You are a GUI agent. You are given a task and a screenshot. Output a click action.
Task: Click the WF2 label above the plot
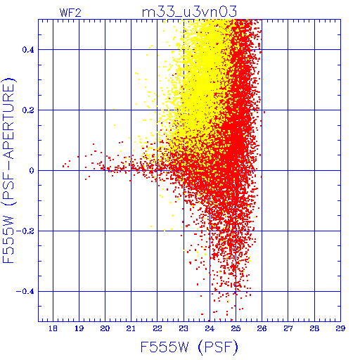pyautogui.click(x=70, y=13)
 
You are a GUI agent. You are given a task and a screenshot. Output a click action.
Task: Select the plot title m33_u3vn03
pyautogui.click(x=189, y=12)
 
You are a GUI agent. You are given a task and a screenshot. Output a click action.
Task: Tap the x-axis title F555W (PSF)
pyautogui.click(x=189, y=347)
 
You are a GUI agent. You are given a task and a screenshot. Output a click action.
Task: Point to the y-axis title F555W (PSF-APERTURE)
pyautogui.click(x=9, y=170)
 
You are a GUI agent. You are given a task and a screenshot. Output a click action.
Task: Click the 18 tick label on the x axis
pyautogui.click(x=53, y=328)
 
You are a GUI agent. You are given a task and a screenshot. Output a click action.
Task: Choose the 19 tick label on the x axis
pyautogui.click(x=79, y=328)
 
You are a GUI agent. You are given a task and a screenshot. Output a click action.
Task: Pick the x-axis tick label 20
pyautogui.click(x=105, y=328)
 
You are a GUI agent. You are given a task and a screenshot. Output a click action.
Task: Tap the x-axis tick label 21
pyautogui.click(x=131, y=328)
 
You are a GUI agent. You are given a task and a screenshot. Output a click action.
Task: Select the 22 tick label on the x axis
pyautogui.click(x=157, y=328)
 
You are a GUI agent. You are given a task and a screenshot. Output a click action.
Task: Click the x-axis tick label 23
pyautogui.click(x=184, y=328)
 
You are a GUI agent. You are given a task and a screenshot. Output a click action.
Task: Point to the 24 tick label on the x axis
pyautogui.click(x=210, y=328)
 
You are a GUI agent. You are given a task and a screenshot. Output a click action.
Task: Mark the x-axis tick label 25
pyautogui.click(x=236, y=328)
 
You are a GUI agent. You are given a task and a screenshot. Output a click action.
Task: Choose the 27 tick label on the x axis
pyautogui.click(x=288, y=328)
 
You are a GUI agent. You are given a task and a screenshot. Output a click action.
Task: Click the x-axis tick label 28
pyautogui.click(x=314, y=328)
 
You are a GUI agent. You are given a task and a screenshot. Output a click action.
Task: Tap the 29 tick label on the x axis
pyautogui.click(x=340, y=328)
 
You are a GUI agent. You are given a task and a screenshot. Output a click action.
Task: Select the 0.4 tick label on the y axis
pyautogui.click(x=28, y=50)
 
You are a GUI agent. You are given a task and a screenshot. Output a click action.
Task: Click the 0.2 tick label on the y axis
pyautogui.click(x=28, y=110)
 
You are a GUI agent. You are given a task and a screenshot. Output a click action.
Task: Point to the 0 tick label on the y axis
pyautogui.click(x=32, y=171)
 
